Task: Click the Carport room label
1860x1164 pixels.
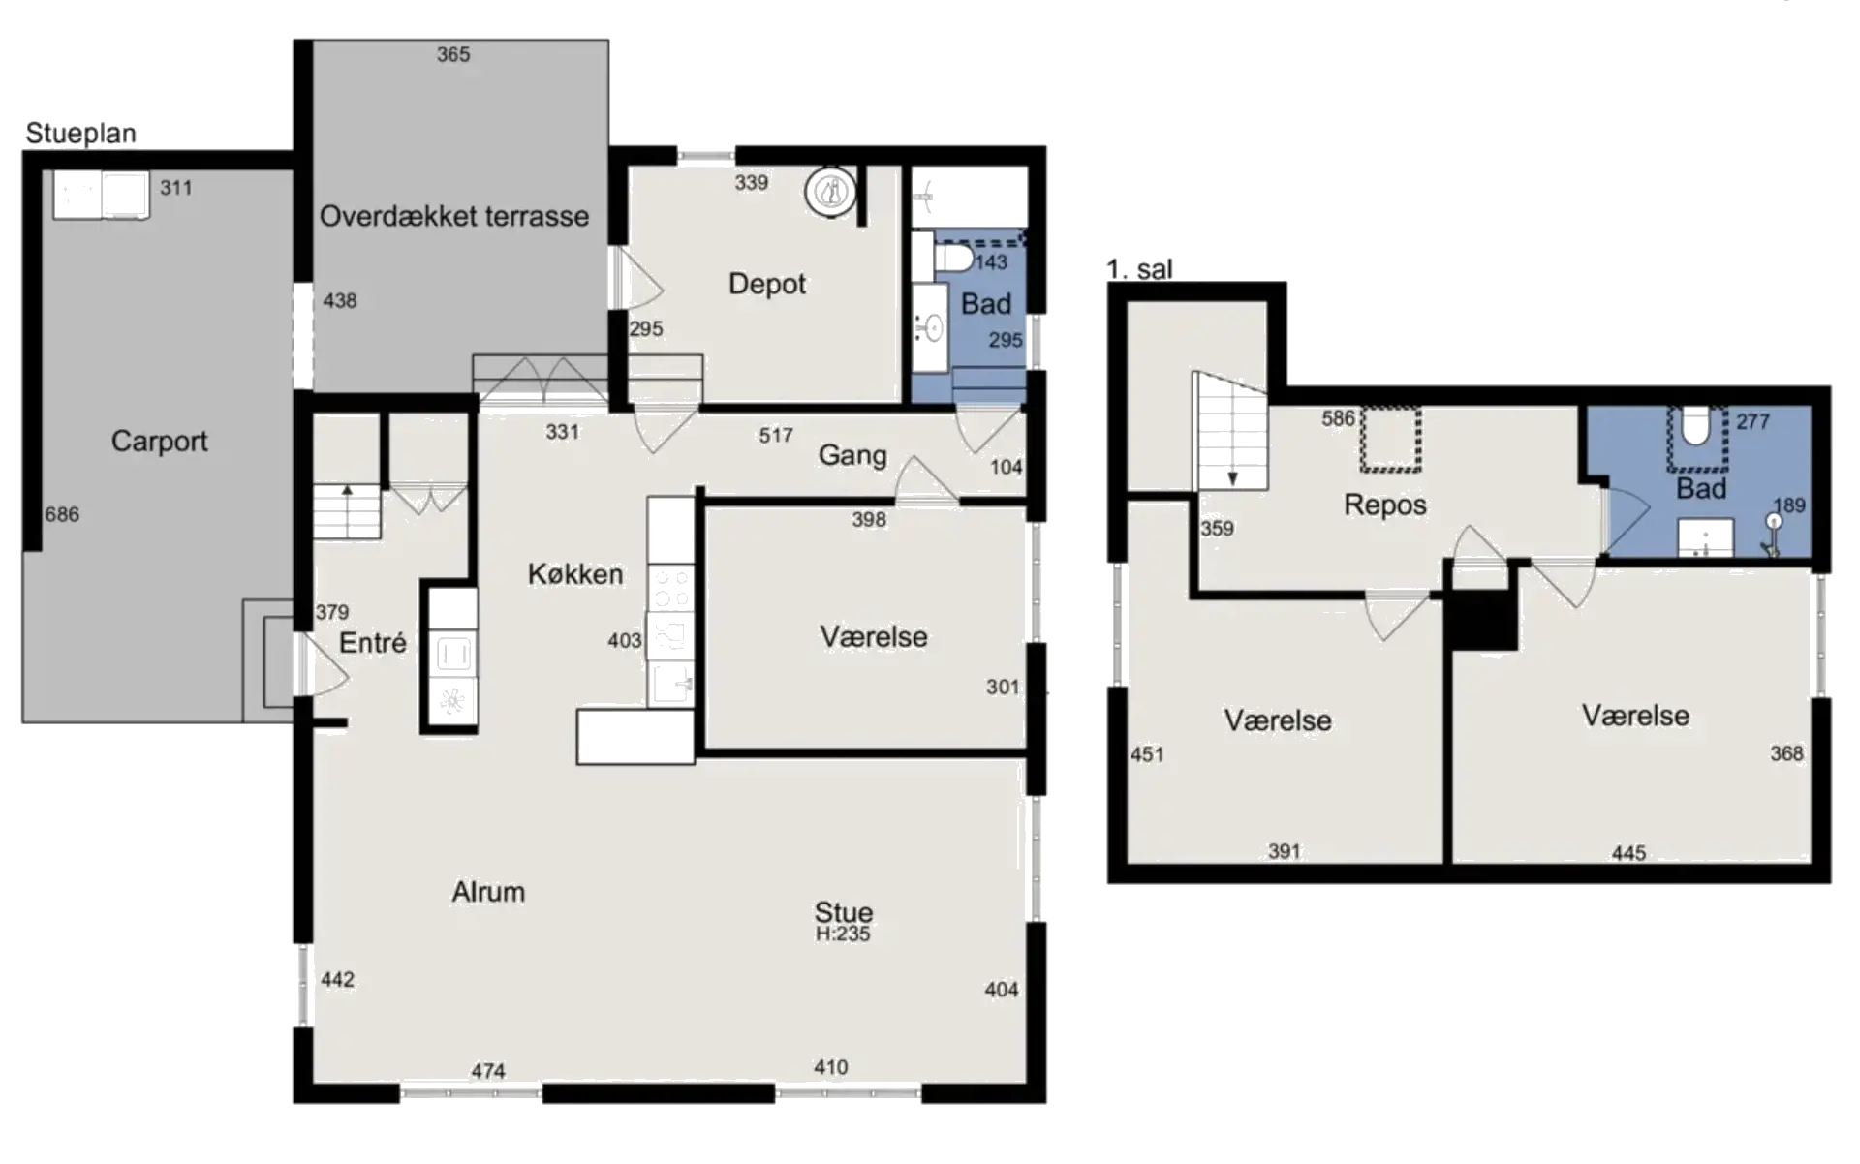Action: (x=159, y=442)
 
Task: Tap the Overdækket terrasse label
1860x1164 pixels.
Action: (x=453, y=216)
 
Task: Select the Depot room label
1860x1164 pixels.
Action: (x=766, y=284)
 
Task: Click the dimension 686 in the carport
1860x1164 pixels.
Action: (x=62, y=514)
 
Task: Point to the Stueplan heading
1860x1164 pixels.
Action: (x=80, y=134)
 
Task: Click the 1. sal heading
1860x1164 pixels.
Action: (x=1139, y=269)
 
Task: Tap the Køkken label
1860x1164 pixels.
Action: (x=574, y=574)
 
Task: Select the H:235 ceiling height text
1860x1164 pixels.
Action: (x=843, y=934)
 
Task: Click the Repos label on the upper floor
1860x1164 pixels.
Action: (x=1384, y=505)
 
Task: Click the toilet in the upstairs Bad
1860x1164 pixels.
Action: (x=1696, y=427)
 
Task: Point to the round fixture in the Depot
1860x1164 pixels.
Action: (x=830, y=191)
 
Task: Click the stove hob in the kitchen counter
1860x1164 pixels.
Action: (x=670, y=586)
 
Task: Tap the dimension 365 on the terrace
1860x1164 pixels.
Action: (x=452, y=55)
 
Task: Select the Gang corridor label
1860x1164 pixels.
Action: (x=852, y=455)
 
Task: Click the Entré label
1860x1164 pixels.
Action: (x=372, y=643)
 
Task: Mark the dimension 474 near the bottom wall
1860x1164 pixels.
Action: (x=488, y=1071)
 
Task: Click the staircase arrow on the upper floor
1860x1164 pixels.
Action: (x=1233, y=476)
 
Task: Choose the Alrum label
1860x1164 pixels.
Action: (x=488, y=892)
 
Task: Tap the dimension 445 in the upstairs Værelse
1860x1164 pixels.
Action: (x=1628, y=853)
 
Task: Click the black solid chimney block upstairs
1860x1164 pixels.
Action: (x=1482, y=620)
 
